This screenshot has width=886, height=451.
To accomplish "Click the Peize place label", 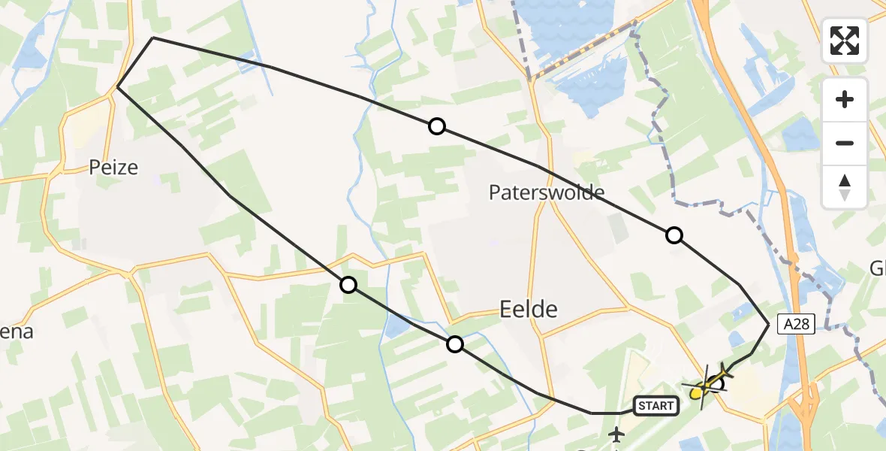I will click(113, 167).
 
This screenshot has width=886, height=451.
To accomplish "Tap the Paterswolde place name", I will click(547, 192).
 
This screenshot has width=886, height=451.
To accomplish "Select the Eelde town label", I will click(529, 309).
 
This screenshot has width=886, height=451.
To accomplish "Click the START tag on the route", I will click(656, 406).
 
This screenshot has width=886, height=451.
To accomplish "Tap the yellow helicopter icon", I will click(706, 384).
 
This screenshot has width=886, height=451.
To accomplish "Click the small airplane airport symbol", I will click(617, 434).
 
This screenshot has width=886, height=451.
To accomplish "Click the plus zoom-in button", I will click(845, 99).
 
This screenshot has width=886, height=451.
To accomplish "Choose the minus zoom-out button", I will click(845, 143).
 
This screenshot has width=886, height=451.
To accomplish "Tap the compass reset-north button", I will click(845, 186).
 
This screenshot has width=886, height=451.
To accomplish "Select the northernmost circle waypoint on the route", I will click(437, 126).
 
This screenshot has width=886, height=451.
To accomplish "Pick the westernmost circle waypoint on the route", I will click(348, 284).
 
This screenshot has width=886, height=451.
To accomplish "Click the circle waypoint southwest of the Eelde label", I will click(454, 344).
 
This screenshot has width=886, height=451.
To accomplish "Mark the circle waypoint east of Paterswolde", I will click(674, 235).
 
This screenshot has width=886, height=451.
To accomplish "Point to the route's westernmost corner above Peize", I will click(118, 87).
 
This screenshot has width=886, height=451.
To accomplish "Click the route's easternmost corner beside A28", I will click(769, 323).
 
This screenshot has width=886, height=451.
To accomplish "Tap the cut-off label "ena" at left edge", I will click(17, 331).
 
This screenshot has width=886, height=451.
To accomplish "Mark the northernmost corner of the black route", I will click(153, 38).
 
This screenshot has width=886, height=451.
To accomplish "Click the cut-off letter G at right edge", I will click(878, 268).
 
